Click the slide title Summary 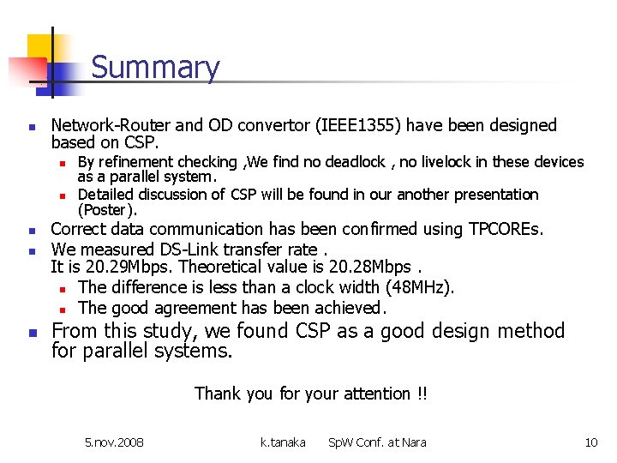coord(155,67)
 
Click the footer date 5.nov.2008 coord(114,442)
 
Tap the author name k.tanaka coord(283,442)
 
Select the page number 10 coord(590,442)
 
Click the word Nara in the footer coord(411,442)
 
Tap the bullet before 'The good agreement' coord(63,309)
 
